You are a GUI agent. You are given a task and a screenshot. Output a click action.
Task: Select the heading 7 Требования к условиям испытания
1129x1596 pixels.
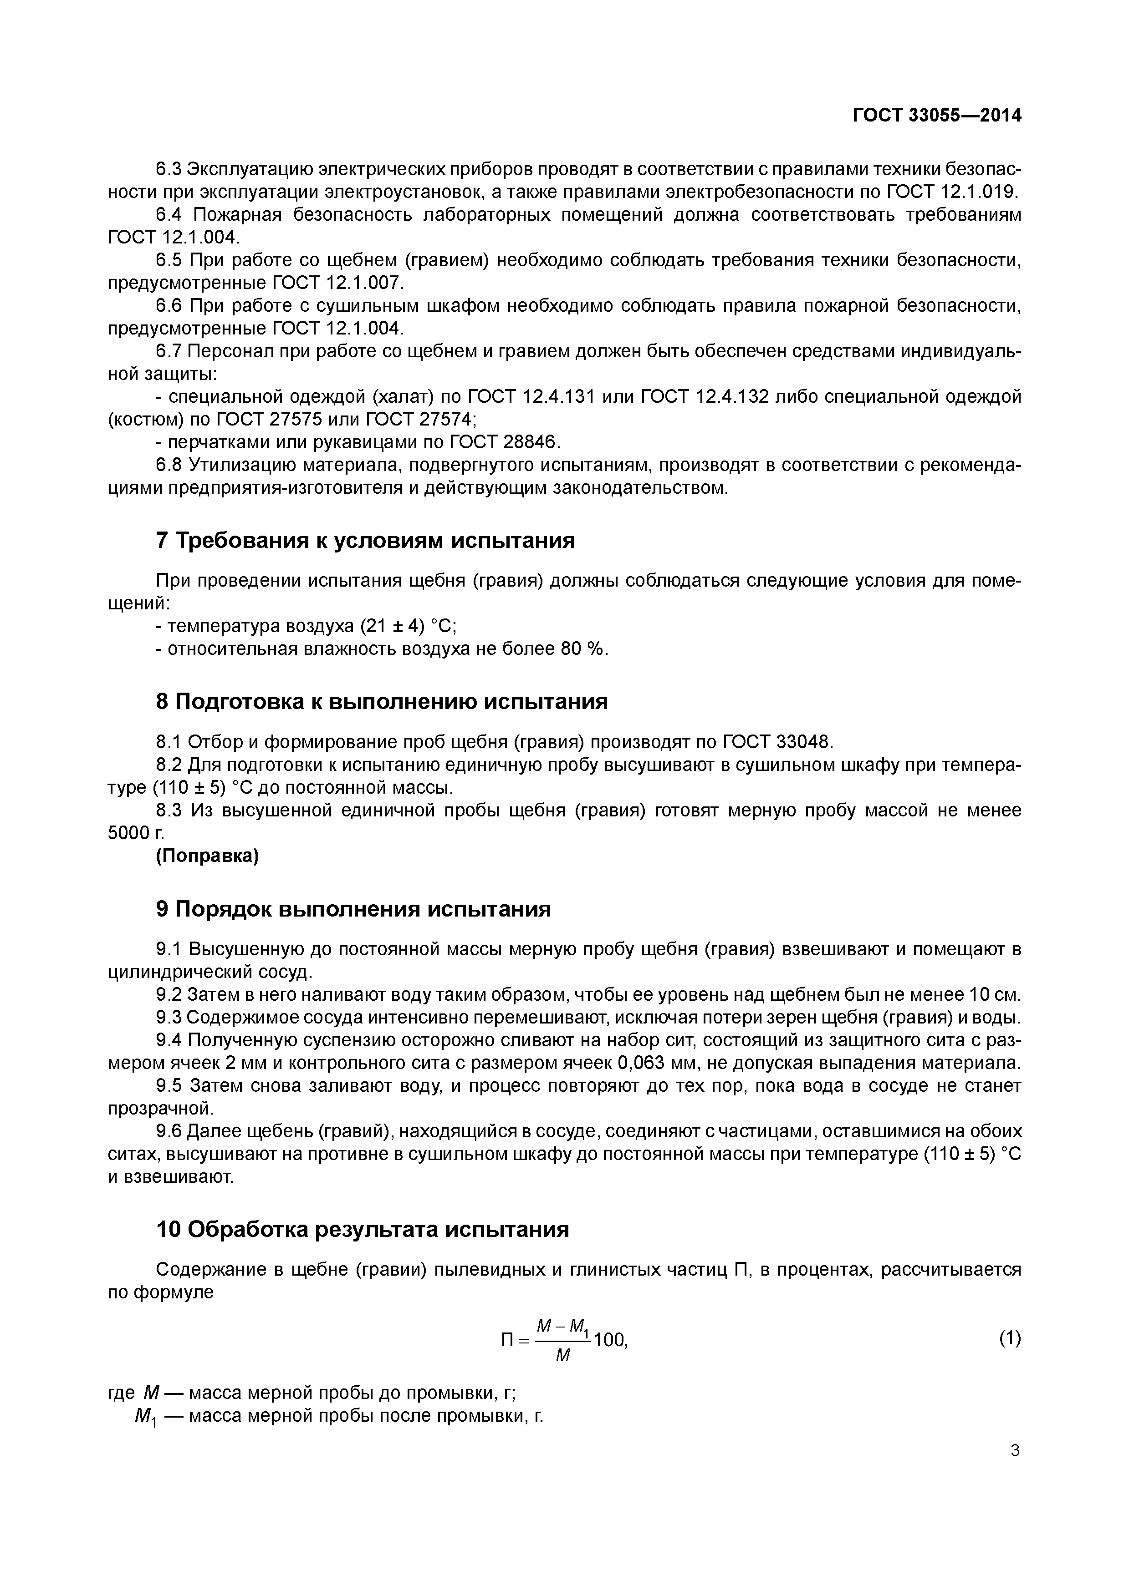pos(365,540)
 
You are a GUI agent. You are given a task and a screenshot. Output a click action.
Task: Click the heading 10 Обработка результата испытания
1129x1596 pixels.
pos(363,1229)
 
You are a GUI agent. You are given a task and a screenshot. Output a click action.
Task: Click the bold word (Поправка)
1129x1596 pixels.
pos(207,856)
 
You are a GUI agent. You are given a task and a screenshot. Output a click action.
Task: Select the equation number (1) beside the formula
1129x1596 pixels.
pos(1009,1338)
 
